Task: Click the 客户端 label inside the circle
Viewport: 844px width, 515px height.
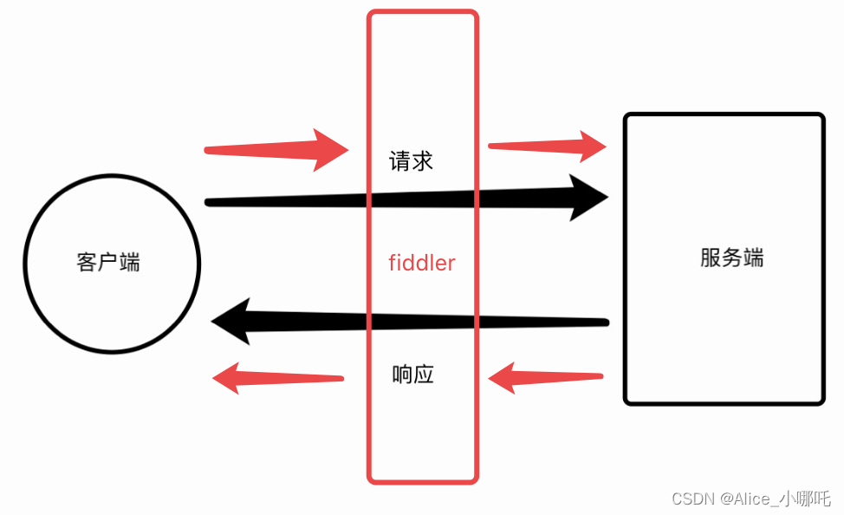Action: pyautogui.click(x=108, y=262)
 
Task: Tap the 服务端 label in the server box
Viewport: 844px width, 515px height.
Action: pyautogui.click(x=732, y=257)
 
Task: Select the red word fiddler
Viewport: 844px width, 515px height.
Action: pyautogui.click(x=422, y=263)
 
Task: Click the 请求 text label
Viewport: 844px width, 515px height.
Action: pyautogui.click(x=412, y=161)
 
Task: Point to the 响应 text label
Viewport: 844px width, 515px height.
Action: pyautogui.click(x=412, y=375)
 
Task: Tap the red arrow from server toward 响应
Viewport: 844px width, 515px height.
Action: pyautogui.click(x=546, y=378)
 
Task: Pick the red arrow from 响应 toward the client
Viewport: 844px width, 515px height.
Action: pyautogui.click(x=277, y=378)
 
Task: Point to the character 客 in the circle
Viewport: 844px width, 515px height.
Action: pyautogui.click(x=87, y=262)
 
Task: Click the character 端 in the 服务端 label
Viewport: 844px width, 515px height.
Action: pyautogui.click(x=753, y=257)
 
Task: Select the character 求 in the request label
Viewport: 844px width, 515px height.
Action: pyautogui.click(x=422, y=161)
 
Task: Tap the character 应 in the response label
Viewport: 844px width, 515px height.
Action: pyautogui.click(x=424, y=375)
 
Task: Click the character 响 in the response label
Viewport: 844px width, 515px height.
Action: pyautogui.click(x=402, y=375)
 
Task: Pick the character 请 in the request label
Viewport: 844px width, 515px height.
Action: pyautogui.click(x=400, y=161)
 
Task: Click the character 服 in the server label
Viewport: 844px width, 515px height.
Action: pyautogui.click(x=711, y=257)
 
